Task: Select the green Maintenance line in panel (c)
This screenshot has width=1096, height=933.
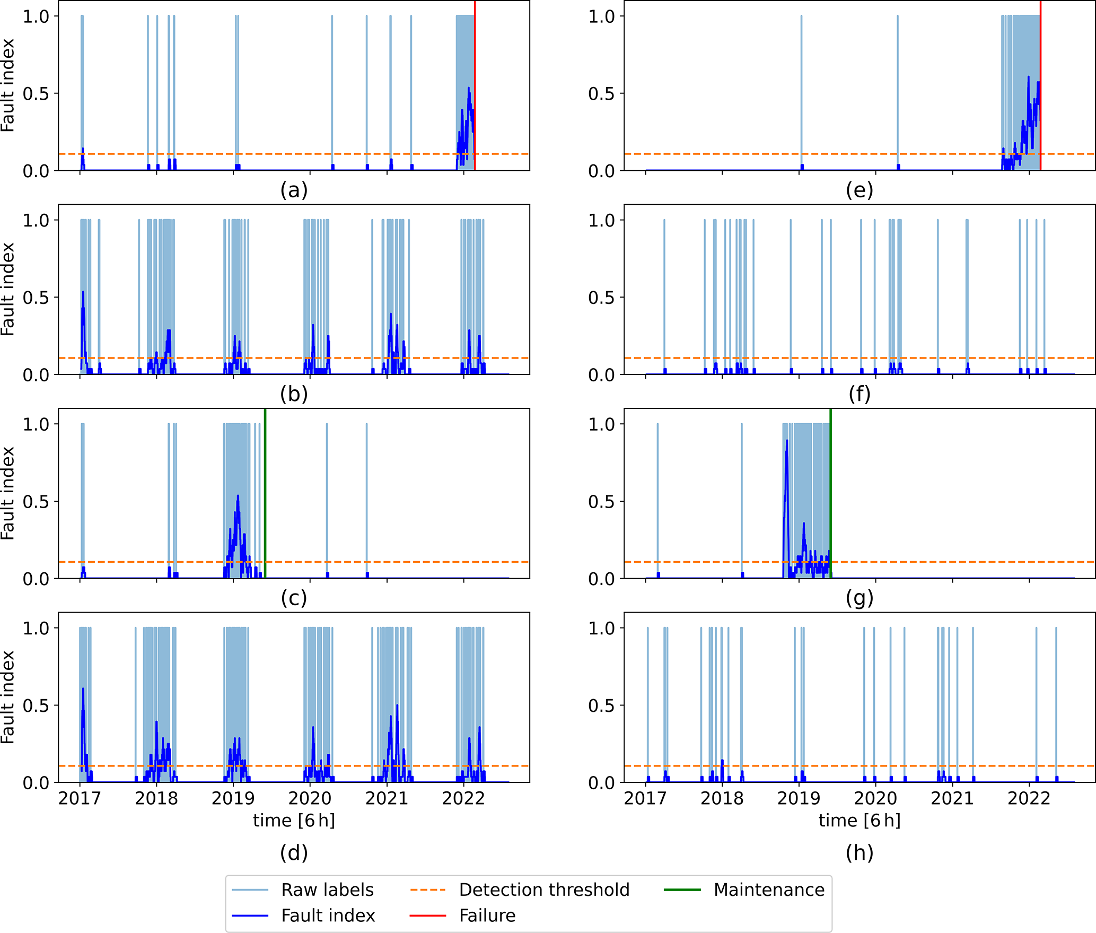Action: (x=265, y=477)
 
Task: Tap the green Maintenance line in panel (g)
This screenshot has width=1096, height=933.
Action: (x=830, y=477)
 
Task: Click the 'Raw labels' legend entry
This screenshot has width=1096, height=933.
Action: (x=327, y=890)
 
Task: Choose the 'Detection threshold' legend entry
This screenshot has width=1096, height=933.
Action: (x=544, y=890)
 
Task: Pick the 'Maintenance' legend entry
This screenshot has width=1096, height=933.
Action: (x=769, y=890)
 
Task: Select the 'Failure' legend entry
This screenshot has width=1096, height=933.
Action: (x=487, y=916)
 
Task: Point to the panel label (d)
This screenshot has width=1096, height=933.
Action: (x=294, y=853)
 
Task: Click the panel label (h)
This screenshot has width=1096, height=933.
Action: (x=860, y=853)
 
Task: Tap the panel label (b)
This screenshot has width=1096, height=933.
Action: (x=294, y=394)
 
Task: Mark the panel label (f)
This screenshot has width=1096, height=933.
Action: (x=860, y=394)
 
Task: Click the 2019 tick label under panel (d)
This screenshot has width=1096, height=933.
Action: (x=233, y=799)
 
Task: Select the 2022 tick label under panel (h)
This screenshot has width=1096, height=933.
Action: (x=1029, y=799)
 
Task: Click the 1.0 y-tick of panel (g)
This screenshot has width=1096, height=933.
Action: (x=602, y=424)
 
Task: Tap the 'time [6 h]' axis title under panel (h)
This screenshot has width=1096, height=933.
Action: (x=860, y=821)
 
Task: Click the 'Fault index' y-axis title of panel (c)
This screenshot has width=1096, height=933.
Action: (x=7, y=493)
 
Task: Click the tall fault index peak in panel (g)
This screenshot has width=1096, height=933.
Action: (x=787, y=441)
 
